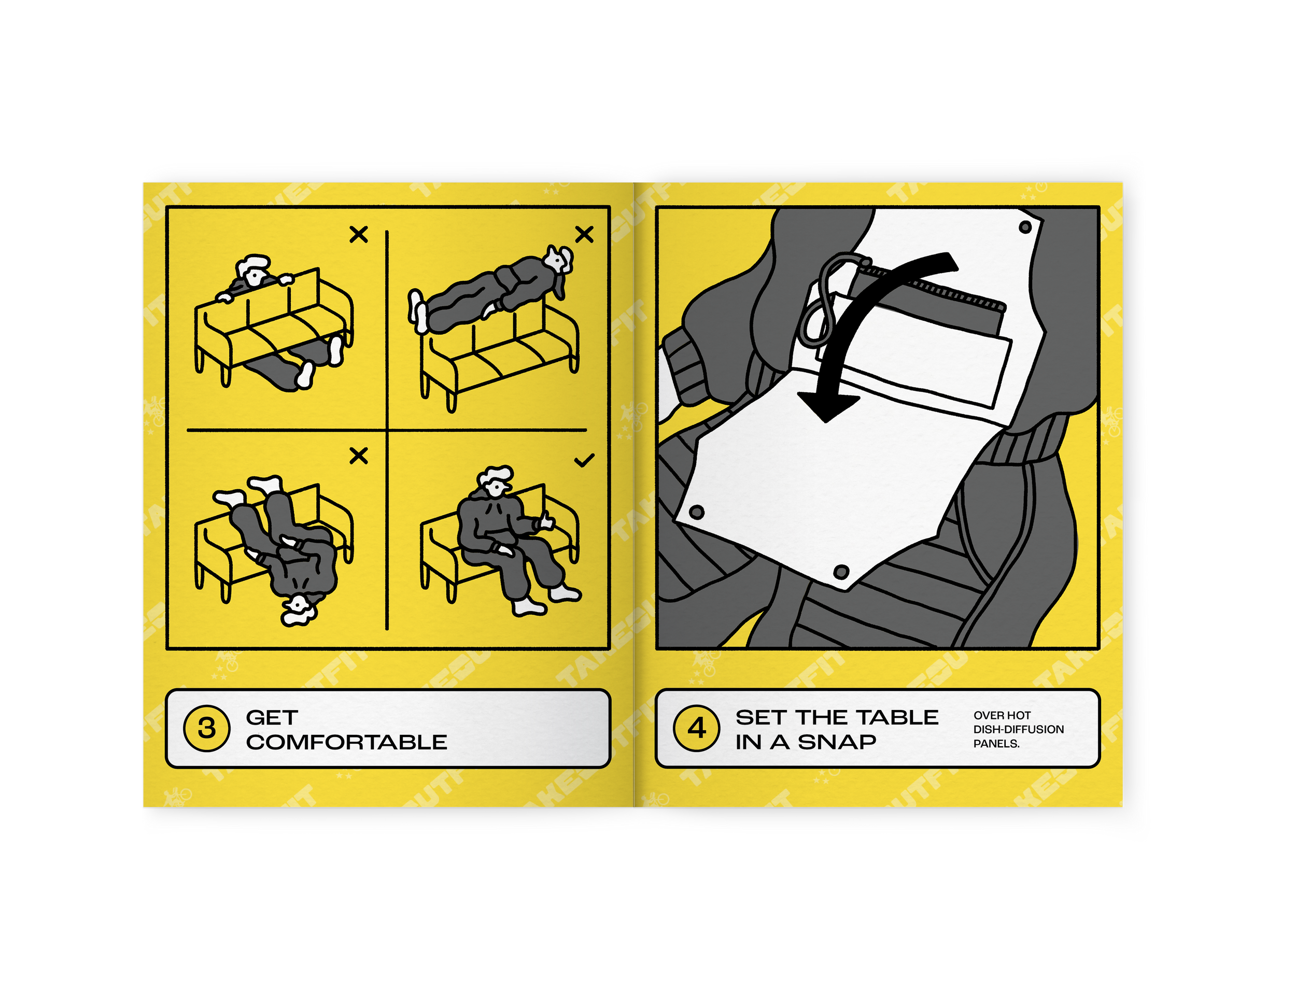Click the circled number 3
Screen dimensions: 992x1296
207,728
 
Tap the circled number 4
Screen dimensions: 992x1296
697,728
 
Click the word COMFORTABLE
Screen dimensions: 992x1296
347,742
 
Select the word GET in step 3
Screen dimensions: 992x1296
272,717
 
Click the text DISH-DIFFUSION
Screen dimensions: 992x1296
1019,729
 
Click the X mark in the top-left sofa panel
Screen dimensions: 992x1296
358,234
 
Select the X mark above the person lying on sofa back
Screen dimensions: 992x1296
584,234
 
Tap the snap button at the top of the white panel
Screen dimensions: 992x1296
1025,226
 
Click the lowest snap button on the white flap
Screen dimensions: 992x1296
841,572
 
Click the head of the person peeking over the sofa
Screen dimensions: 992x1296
254,272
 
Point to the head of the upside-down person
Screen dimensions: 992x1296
298,608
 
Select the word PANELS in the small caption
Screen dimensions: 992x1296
996,743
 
